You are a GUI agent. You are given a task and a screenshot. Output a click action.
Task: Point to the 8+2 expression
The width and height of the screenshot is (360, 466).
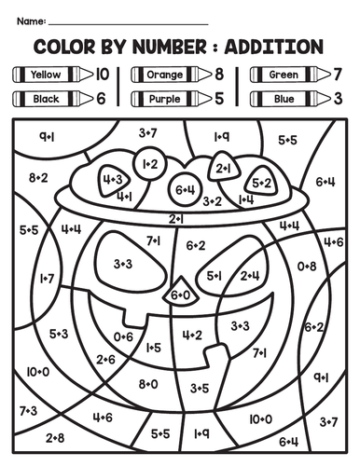click(x=38, y=177)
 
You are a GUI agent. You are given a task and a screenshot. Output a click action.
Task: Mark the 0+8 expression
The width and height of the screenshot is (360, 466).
click(x=307, y=266)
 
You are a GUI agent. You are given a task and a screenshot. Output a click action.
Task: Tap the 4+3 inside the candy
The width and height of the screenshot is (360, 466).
click(x=114, y=179)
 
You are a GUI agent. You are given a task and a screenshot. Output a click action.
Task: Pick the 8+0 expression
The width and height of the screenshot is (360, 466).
click(x=148, y=383)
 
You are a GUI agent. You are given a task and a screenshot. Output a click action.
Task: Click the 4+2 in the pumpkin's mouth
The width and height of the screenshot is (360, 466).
click(x=192, y=335)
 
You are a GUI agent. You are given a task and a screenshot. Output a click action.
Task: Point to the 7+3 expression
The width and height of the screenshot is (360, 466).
click(x=27, y=410)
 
